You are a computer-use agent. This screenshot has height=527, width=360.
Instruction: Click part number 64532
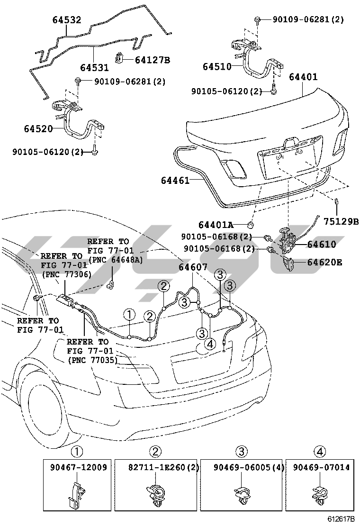66,20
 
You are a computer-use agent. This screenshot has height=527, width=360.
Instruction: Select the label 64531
95,67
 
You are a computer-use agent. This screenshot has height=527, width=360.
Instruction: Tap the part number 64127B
152,60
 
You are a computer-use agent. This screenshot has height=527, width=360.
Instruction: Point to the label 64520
38,128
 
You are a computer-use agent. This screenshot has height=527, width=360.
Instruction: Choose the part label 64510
217,67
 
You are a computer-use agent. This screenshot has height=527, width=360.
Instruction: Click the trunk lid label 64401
303,77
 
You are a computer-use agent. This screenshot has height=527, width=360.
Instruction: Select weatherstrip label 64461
175,181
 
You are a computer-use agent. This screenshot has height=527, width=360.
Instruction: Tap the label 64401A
216,225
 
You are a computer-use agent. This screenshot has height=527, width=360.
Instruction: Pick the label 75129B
341,220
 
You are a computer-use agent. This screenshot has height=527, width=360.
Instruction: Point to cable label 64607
193,267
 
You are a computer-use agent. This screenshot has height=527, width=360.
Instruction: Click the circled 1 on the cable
129,314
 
